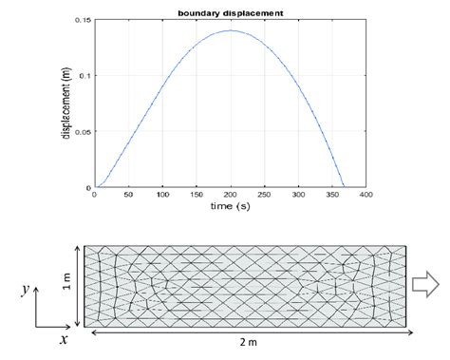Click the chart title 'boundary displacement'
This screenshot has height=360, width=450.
[x=229, y=11]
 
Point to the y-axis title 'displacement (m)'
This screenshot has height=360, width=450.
[x=65, y=104]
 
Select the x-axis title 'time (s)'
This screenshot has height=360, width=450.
[x=228, y=206]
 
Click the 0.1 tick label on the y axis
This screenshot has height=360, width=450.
[x=85, y=76]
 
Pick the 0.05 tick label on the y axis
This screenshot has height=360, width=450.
[x=83, y=132]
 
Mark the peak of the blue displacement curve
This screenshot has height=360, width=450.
[x=229, y=31]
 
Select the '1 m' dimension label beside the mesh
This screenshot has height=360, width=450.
[x=66, y=283]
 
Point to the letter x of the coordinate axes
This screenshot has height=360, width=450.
[x=64, y=339]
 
